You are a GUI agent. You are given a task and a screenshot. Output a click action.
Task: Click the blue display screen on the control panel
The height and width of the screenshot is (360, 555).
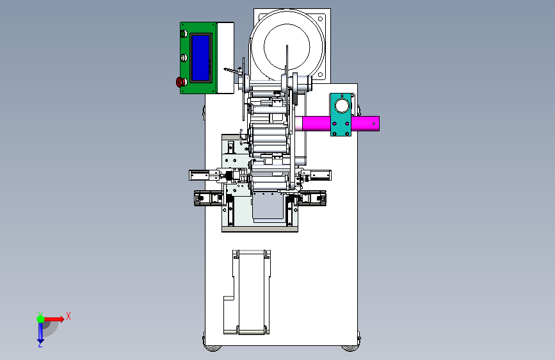(x=200, y=58)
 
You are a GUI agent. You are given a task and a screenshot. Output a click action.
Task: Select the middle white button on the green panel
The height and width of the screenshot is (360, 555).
(x=184, y=58)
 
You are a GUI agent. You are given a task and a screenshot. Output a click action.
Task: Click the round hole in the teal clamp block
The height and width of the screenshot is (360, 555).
(x=342, y=106)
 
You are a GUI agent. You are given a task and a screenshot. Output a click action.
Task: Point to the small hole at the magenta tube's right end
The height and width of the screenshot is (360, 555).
(x=374, y=124)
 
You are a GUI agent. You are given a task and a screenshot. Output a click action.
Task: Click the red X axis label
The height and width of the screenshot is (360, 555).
(x=68, y=316)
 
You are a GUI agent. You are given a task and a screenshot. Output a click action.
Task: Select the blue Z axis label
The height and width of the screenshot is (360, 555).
(x=40, y=344)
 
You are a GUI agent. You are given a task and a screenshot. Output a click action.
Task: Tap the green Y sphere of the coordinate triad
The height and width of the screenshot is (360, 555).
(x=41, y=319)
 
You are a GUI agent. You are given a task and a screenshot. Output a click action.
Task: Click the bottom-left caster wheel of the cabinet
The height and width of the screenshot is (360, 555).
(x=213, y=348)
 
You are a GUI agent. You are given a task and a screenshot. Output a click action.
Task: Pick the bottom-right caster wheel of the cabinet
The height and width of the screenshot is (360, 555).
(x=350, y=348)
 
